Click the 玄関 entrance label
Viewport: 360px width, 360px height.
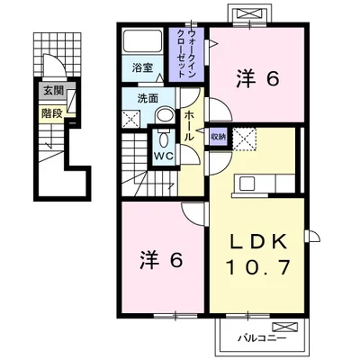54,90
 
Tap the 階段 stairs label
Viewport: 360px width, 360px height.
52,113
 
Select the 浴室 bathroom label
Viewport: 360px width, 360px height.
142,67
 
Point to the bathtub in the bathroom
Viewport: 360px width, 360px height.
142,40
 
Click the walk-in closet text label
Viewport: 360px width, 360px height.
186,55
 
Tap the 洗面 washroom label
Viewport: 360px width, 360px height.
148,99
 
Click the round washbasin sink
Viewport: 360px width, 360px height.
165,115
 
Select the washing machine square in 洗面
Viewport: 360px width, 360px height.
131,119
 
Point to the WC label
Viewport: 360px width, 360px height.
164,156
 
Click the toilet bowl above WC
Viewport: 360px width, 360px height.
164,139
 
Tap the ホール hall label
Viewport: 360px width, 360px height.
189,126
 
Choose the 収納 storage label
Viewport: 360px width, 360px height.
218,137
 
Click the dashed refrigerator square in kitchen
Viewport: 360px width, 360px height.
245,139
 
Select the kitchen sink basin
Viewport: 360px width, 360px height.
247,184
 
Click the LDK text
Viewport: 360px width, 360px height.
259,242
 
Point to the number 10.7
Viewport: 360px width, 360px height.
258,267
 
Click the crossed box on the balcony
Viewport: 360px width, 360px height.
285,327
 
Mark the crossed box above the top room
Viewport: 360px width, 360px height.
250,13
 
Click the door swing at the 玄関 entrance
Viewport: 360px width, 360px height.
54,66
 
